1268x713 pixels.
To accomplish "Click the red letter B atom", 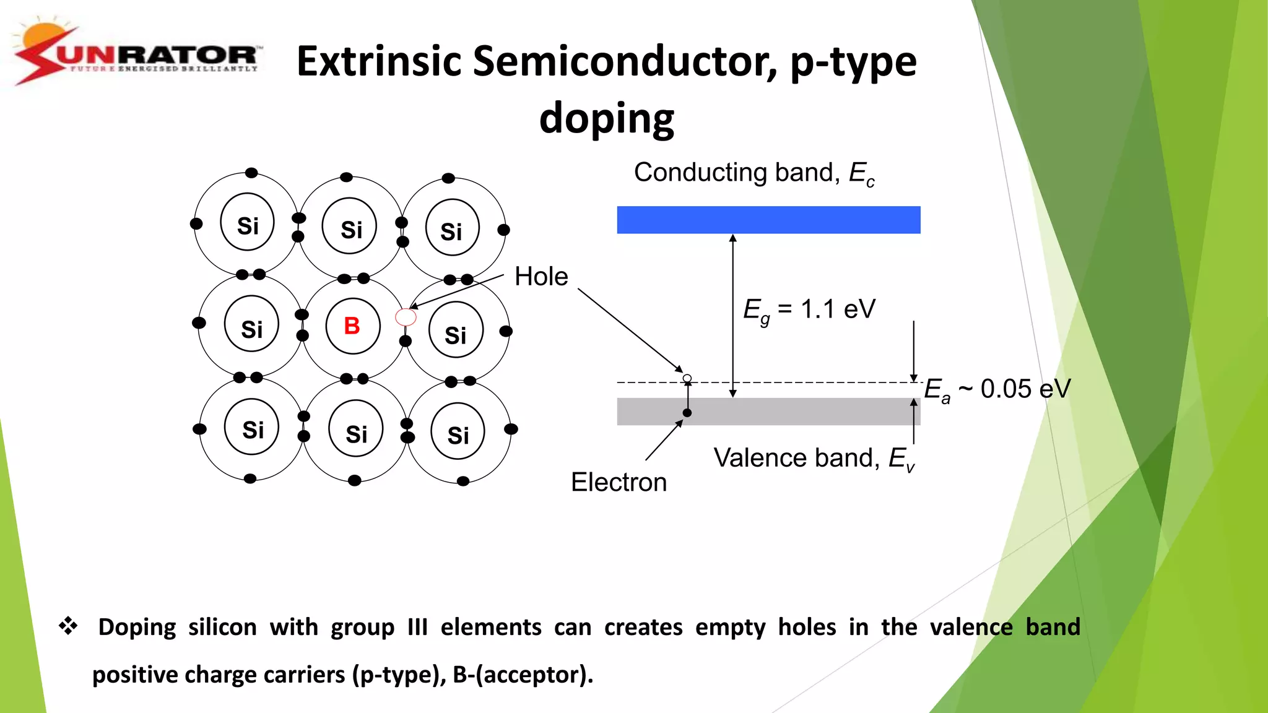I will pyautogui.click(x=352, y=326).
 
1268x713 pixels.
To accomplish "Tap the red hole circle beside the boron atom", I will pyautogui.click(x=406, y=318).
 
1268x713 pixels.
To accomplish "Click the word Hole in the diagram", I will pyautogui.click(x=541, y=277).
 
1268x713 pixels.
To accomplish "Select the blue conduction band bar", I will pyautogui.click(x=768, y=220).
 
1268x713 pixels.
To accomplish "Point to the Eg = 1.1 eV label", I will pyautogui.click(x=809, y=309).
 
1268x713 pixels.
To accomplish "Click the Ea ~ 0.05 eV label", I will pyautogui.click(x=997, y=390).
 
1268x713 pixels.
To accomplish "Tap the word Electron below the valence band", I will pyautogui.click(x=619, y=482).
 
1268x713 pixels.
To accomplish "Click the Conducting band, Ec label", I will pyautogui.click(x=753, y=173).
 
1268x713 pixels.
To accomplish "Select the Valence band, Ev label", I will pyautogui.click(x=813, y=459).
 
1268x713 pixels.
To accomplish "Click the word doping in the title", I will pyautogui.click(x=606, y=118).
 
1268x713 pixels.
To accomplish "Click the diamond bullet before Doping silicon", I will pyautogui.click(x=68, y=626).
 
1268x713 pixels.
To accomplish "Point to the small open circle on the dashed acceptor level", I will pyautogui.click(x=687, y=378).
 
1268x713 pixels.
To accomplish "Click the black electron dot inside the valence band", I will pyautogui.click(x=687, y=413).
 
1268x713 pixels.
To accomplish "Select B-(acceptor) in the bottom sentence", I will pyautogui.click(x=523, y=675).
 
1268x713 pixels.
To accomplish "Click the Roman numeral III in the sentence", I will pyautogui.click(x=417, y=627).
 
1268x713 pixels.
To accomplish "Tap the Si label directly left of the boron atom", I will pyautogui.click(x=251, y=329).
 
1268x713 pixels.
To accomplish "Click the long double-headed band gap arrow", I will pyautogui.click(x=732, y=316).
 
